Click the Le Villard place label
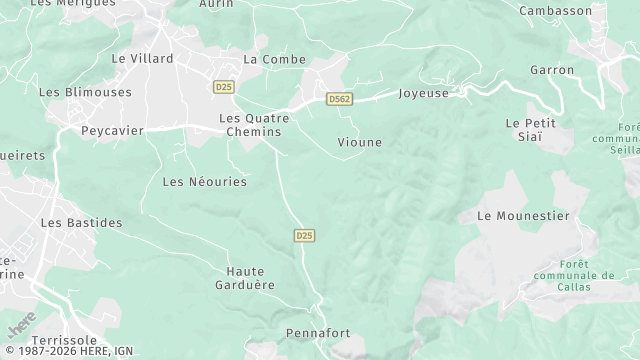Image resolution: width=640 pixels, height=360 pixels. tap(142, 59)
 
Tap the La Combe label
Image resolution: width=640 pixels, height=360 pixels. tap(267, 59)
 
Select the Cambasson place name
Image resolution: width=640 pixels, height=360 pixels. tap(556, 10)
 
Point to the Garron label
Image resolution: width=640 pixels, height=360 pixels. tap(553, 70)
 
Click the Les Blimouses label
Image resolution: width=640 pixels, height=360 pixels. tap(85, 92)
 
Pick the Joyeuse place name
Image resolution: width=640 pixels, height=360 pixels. tap(422, 94)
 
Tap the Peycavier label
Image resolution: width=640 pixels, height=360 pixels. tap(112, 131)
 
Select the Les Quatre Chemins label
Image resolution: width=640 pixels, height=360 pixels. tap(254, 125)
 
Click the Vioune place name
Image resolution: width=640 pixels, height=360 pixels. tap(360, 142)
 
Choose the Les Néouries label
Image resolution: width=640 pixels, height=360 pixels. tap(204, 182)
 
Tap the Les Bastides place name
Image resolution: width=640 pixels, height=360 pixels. tap(81, 222)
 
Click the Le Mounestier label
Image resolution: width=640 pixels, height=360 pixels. tap(523, 216)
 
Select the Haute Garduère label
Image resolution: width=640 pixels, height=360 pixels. tap(251, 278)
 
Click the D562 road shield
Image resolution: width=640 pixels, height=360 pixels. tap(339, 99)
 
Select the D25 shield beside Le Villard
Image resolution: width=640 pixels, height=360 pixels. tap(223, 88)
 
